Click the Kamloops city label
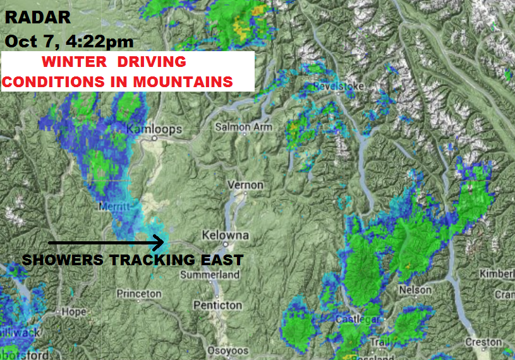pos(154,129)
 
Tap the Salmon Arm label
pos(244,127)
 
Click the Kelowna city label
pos(225,236)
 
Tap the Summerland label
pos(210,275)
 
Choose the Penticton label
pos(217,305)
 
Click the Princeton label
pos(139,294)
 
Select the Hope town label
pos(73,312)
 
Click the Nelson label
pos(415,290)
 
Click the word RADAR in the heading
pos(37,18)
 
